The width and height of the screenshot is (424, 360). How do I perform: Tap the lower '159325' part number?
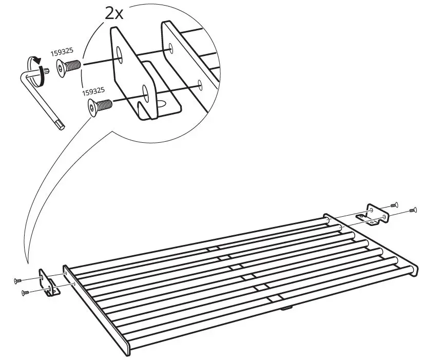(93, 91)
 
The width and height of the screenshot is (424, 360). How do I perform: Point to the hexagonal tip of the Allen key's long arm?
(60, 124)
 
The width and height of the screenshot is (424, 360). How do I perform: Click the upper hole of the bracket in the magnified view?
(120, 54)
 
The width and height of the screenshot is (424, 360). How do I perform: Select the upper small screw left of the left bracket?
(17, 280)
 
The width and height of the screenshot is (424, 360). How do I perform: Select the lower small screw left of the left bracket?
(23, 293)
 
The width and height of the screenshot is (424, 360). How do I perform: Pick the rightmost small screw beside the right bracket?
(412, 210)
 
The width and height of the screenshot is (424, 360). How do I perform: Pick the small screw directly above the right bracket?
(394, 204)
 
